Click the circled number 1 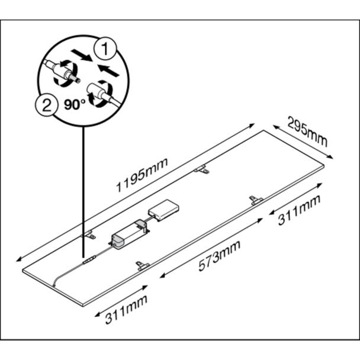[x=105, y=49]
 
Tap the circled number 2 [x=47, y=105]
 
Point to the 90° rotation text [x=75, y=105]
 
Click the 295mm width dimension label [x=307, y=132]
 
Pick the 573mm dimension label [x=220, y=256]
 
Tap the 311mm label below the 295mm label [x=299, y=210]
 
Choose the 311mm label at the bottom [x=126, y=309]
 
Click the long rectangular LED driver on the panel [x=129, y=234]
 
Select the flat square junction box [x=163, y=210]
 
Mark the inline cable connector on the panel [x=89, y=260]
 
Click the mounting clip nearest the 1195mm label [x=201, y=169]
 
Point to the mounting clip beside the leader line [x=88, y=234]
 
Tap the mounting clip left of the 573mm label [x=143, y=266]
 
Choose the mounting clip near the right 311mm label [x=256, y=200]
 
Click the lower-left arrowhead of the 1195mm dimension [x=18, y=260]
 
